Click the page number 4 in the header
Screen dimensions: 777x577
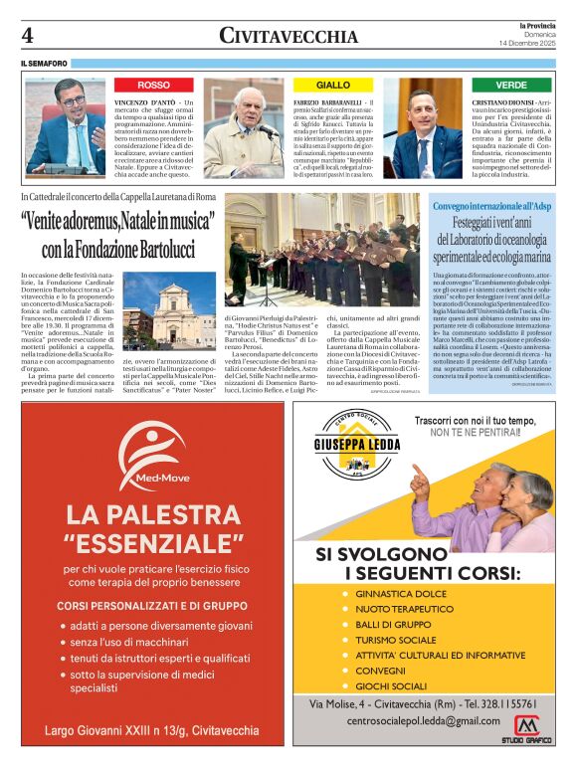pyautogui.click(x=28, y=36)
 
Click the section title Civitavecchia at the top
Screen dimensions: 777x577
pyautogui.click(x=288, y=37)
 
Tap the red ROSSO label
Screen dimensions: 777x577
pyautogui.click(x=153, y=86)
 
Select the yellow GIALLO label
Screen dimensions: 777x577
pyautogui.click(x=333, y=86)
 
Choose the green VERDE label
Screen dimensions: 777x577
pyautogui.click(x=511, y=86)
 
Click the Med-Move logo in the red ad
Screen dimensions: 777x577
pyautogui.click(x=146, y=459)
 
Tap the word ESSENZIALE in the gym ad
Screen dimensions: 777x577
pyautogui.click(x=154, y=542)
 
